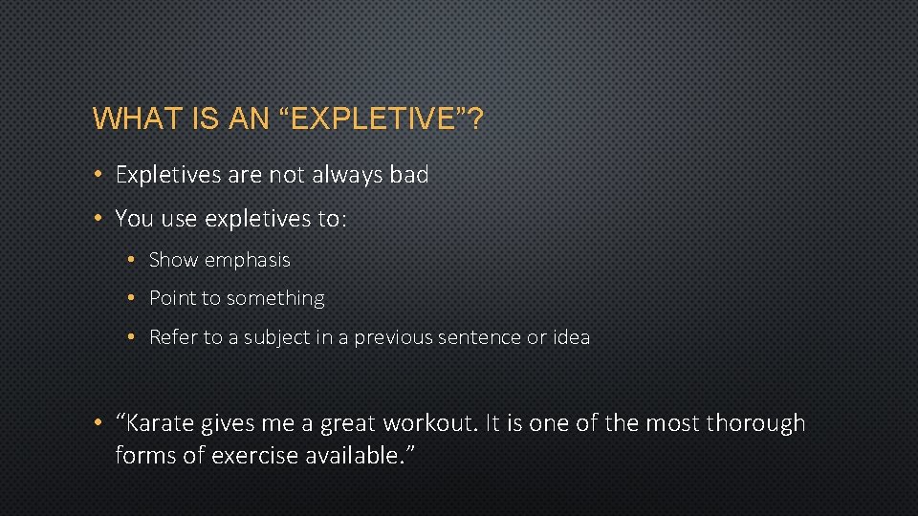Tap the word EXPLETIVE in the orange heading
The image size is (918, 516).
pyautogui.click(x=368, y=119)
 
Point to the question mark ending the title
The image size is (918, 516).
pyautogui.click(x=474, y=119)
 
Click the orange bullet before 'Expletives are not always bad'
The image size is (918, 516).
pyautogui.click(x=99, y=175)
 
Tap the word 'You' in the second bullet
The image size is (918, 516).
pyautogui.click(x=134, y=219)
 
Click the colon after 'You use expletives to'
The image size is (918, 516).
pyautogui.click(x=342, y=220)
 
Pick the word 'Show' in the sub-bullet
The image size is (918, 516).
pyautogui.click(x=173, y=260)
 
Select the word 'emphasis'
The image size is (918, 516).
pyautogui.click(x=247, y=260)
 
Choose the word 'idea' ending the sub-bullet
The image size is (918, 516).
pyautogui.click(x=571, y=337)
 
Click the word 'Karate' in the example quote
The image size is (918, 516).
pyautogui.click(x=159, y=423)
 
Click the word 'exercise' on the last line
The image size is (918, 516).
pyautogui.click(x=256, y=456)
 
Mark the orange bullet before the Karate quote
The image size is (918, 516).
pyautogui.click(x=99, y=423)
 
